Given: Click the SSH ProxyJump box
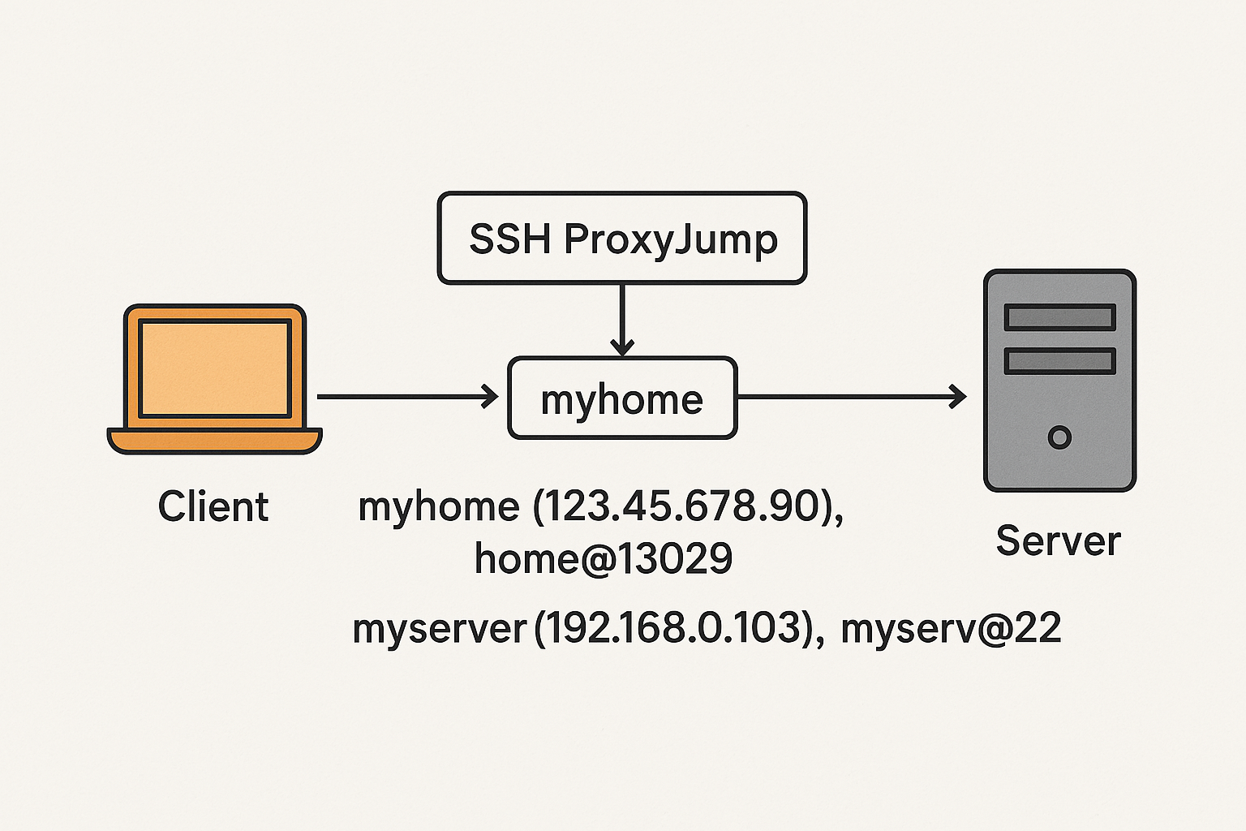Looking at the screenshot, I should (621, 238).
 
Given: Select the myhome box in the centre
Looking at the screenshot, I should (621, 398).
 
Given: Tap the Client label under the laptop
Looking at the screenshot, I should (213, 506).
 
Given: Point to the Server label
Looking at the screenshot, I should (1058, 540).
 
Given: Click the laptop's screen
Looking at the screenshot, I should (214, 368).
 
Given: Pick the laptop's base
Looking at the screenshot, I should (214, 440).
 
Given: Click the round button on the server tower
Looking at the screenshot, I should (1059, 437).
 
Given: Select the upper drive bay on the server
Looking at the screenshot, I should (1059, 317).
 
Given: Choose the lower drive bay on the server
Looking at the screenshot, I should (1059, 360).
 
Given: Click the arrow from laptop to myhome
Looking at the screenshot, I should (406, 397).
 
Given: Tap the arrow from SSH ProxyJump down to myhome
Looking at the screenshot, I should (622, 319).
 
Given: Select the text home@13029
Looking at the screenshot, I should (604, 558).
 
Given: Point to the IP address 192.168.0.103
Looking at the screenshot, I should (674, 628).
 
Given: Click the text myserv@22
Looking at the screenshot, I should (951, 628).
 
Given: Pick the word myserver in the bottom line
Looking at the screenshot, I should (440, 629).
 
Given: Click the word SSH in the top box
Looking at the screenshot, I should (510, 239).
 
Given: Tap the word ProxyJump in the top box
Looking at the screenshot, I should (671, 239).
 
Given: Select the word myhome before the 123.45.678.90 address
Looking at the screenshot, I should (438, 507).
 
